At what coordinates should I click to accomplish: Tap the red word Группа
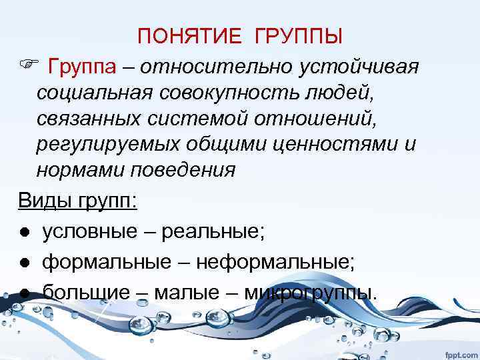click(x=82, y=67)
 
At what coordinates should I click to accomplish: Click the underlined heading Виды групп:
click(x=77, y=200)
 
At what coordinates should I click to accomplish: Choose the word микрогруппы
click(x=310, y=292)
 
